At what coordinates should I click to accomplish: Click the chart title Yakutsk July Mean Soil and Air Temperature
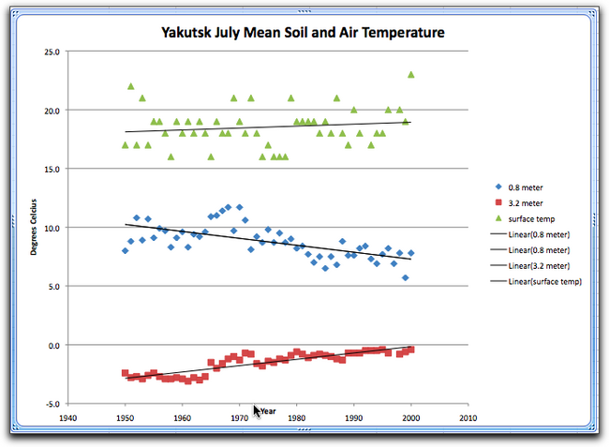pyautogui.click(x=300, y=34)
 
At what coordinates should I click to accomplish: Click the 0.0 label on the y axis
pyautogui.click(x=52, y=345)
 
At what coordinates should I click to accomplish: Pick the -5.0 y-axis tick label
pyautogui.click(x=50, y=404)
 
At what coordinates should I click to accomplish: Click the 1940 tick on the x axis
pyautogui.click(x=67, y=418)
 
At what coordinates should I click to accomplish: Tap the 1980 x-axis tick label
pyautogui.click(x=297, y=418)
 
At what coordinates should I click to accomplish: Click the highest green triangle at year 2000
pyautogui.click(x=411, y=75)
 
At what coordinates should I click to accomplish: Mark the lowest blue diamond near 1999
pyautogui.click(x=406, y=277)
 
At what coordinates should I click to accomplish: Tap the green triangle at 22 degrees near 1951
pyautogui.click(x=131, y=86)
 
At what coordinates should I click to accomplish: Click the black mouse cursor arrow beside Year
pyautogui.click(x=256, y=410)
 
